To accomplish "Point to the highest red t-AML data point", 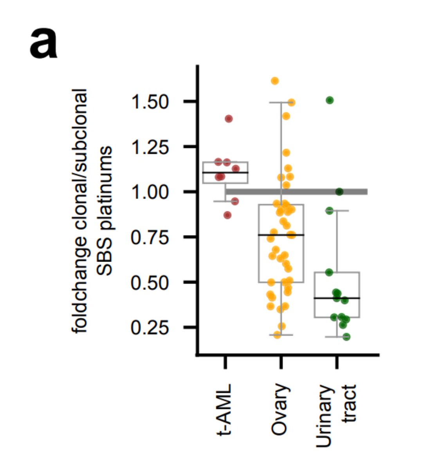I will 229,119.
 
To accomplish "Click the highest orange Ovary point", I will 275,81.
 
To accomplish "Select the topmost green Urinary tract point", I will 330,100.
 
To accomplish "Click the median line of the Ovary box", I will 281,235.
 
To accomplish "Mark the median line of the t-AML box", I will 225,172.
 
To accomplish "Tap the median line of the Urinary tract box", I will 337,298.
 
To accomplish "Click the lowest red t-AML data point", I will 227,215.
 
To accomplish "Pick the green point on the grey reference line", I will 339,192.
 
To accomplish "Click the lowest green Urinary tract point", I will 346,337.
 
